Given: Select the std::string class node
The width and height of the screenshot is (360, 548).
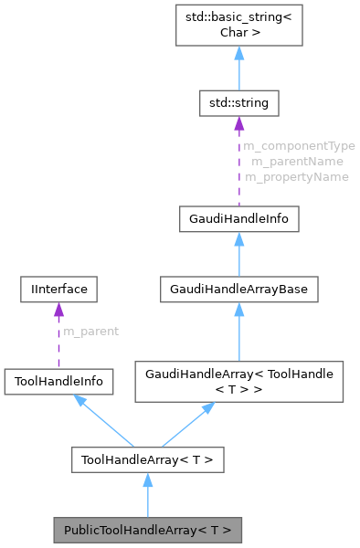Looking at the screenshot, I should [238, 103].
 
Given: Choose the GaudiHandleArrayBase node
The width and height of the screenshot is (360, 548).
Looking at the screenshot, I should [238, 290].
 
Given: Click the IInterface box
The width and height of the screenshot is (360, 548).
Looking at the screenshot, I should [59, 290].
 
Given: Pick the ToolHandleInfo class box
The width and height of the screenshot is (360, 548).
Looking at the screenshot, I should [59, 382].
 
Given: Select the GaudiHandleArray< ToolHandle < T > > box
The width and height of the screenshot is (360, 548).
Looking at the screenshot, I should [238, 382].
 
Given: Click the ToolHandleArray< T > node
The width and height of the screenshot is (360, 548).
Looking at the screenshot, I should [148, 459].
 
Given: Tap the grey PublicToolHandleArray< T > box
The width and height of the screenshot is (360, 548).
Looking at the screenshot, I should [148, 530].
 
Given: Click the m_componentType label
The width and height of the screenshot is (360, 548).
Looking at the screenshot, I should [298, 145].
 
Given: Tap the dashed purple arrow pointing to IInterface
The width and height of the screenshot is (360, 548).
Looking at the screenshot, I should [59, 338].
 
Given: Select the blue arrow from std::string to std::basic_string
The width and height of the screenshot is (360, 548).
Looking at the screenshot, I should [238, 68].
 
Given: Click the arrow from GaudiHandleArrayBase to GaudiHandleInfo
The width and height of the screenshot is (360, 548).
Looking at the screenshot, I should [238, 256].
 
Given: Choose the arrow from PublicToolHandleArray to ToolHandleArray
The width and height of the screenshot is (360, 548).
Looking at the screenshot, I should [148, 498].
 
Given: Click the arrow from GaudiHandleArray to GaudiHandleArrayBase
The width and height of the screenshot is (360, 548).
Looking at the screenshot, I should [238, 333].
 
